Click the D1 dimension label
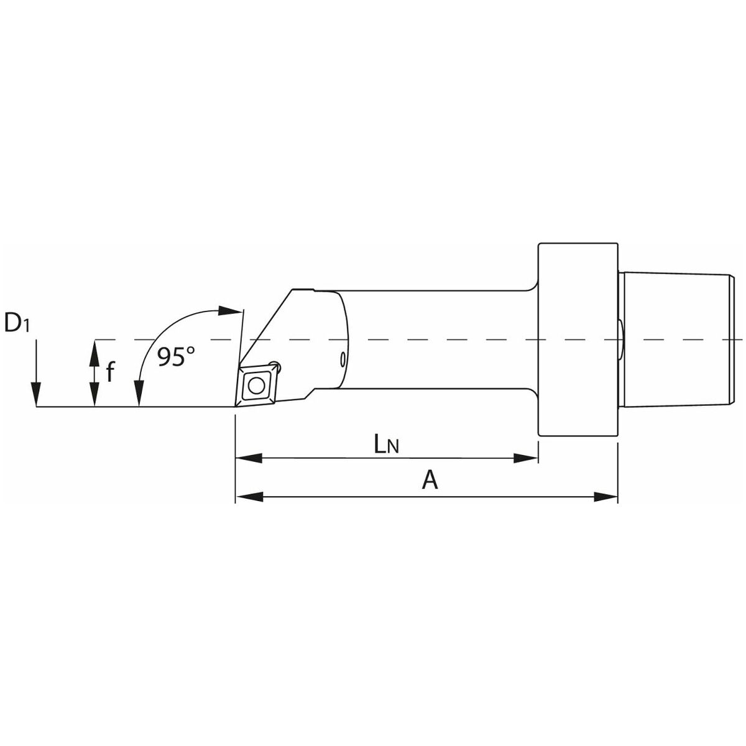point(17,323)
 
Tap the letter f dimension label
point(110,371)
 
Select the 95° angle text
point(176,356)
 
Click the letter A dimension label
point(430,481)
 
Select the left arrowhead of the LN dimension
point(249,458)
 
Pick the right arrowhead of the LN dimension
point(525,458)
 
